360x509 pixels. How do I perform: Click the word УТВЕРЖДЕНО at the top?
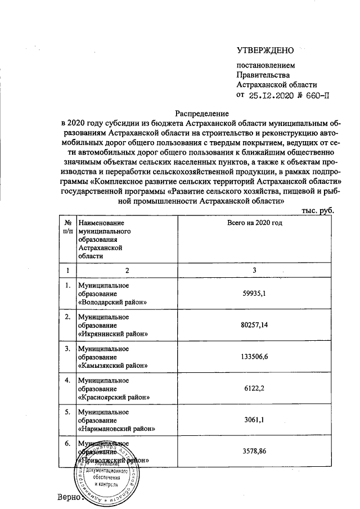[x=265, y=51]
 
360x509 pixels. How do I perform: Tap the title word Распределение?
[x=197, y=112]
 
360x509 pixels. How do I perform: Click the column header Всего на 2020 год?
[x=254, y=223]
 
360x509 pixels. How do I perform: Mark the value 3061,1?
[x=254, y=420]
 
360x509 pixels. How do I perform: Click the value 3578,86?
[x=254, y=451]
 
